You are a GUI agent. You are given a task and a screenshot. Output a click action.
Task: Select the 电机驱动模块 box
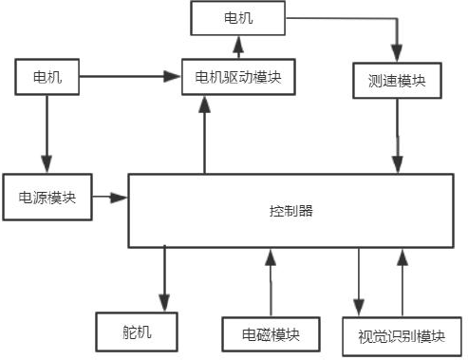click(237, 75)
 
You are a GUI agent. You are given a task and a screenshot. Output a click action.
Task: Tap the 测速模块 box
click(396, 80)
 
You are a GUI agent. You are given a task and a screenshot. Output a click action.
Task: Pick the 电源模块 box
click(47, 198)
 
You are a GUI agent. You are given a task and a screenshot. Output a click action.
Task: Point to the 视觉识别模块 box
click(402, 335)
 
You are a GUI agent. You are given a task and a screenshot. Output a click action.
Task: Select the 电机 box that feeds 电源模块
click(47, 75)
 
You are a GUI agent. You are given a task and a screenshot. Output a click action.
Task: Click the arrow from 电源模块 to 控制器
click(111, 198)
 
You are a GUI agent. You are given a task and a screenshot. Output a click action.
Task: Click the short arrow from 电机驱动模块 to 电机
click(237, 45)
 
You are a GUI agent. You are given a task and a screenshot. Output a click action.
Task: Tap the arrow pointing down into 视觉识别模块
click(359, 280)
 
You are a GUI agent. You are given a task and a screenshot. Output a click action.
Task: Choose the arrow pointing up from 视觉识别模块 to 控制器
click(402, 280)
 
